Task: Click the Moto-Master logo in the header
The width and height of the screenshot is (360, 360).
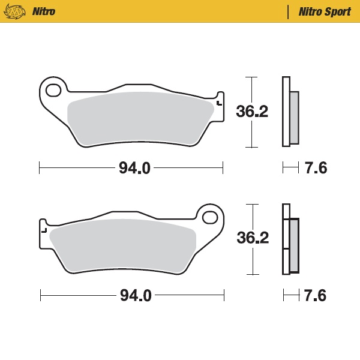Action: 19,11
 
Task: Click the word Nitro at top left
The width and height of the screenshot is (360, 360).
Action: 43,11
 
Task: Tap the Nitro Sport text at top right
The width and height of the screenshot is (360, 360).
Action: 325,11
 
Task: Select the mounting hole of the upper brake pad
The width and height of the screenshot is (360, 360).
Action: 53,91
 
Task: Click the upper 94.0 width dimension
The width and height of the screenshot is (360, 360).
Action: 134,169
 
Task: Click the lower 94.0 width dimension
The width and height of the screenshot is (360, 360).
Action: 135,295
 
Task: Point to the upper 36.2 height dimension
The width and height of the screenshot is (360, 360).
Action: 252,112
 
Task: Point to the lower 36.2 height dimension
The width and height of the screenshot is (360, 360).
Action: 253,238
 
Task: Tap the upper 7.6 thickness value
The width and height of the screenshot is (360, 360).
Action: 316,169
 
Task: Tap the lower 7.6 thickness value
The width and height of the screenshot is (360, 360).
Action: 315,295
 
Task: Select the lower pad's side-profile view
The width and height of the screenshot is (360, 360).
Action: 290,238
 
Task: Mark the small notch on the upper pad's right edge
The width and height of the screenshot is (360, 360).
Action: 220,103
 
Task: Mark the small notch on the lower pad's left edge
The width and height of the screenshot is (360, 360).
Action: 43,229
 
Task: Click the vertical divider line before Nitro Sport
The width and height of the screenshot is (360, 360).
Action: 289,11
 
